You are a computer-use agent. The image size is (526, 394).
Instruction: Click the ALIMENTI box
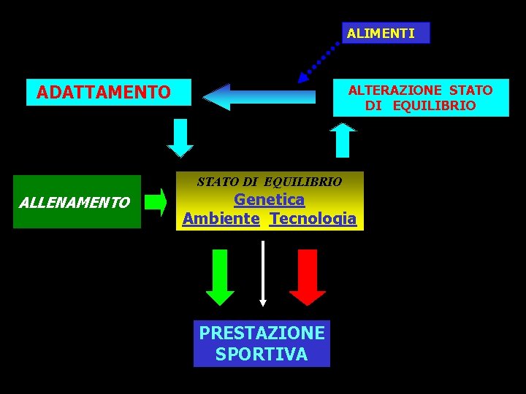tap(386, 33)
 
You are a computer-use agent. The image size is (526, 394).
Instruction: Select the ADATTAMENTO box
tap(108, 92)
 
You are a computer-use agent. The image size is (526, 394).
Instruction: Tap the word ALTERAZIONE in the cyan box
tap(394, 90)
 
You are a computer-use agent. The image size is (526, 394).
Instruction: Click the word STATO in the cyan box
tap(471, 90)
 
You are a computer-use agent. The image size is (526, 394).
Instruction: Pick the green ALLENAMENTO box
tap(77, 202)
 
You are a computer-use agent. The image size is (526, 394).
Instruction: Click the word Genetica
tap(269, 199)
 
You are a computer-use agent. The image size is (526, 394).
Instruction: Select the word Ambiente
tap(221, 218)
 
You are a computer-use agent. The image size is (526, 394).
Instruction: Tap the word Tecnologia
tap(313, 218)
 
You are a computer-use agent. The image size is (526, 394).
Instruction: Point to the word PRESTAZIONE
tap(262, 333)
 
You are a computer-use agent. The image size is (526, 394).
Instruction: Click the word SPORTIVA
tap(262, 355)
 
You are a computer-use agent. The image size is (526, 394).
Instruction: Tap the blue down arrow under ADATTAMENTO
tap(180, 138)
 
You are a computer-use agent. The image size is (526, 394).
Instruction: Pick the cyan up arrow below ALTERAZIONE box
tap(343, 139)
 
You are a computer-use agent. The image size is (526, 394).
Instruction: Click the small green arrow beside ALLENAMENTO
tap(155, 202)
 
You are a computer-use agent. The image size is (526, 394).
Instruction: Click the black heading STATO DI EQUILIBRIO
tap(269, 181)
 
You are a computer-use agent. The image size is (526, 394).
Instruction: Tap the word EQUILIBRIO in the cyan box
tap(434, 106)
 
